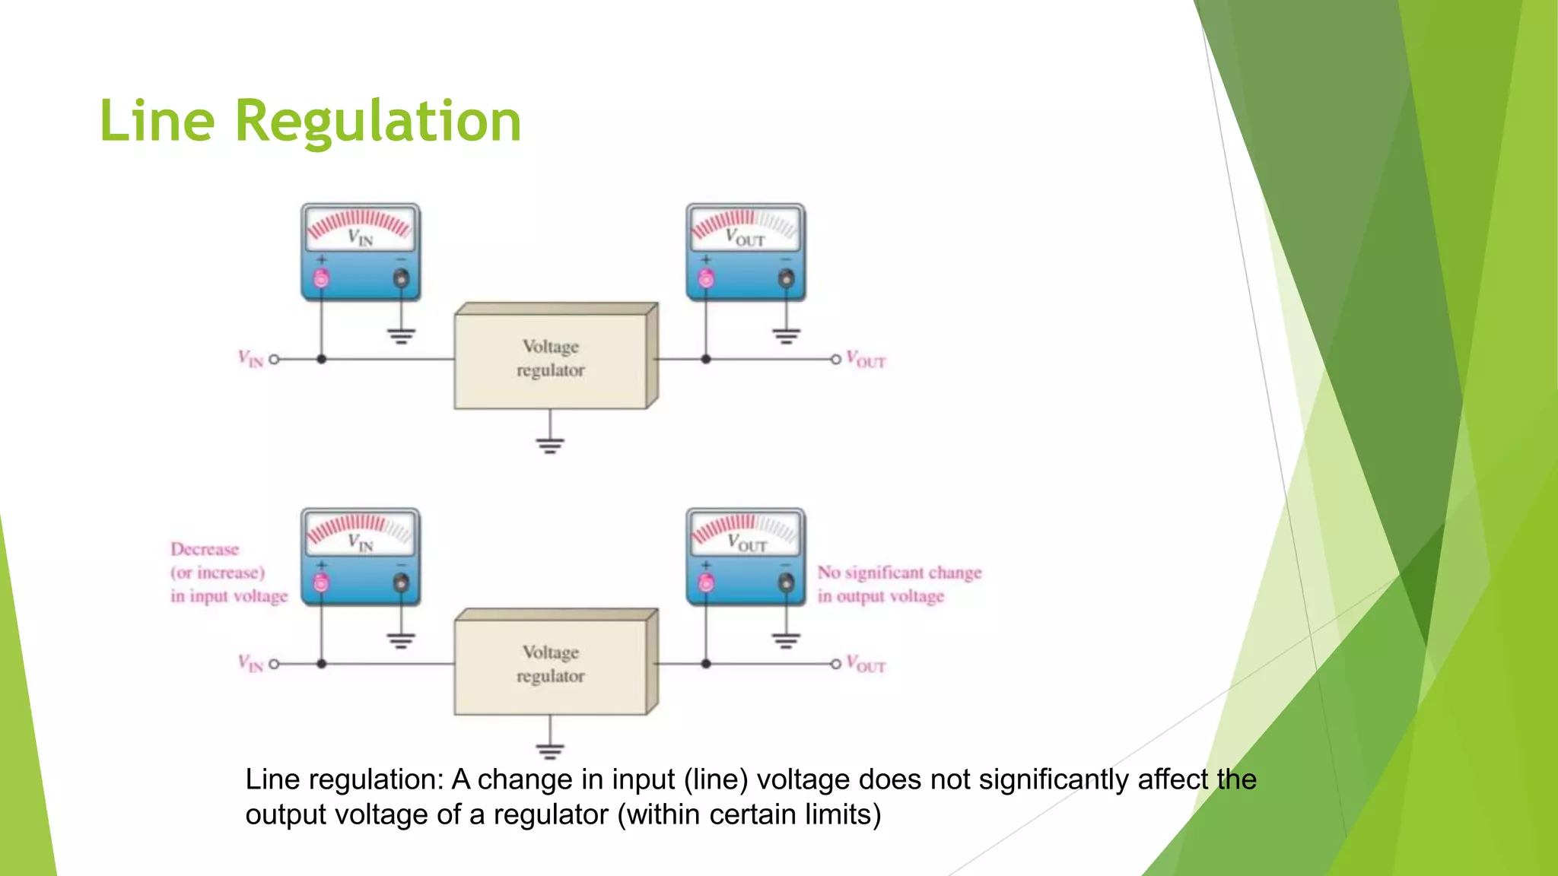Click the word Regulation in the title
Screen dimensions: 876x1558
click(378, 122)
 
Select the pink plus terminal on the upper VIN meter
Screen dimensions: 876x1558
click(322, 278)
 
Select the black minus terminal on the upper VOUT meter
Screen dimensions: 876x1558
click(786, 278)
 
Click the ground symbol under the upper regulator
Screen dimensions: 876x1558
click(550, 445)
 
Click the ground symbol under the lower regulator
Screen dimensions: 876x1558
click(550, 751)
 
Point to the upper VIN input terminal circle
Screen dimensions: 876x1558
click(275, 359)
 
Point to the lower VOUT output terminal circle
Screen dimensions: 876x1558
click(835, 664)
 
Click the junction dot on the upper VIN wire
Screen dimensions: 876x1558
click(322, 359)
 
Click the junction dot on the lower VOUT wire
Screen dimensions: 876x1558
click(706, 664)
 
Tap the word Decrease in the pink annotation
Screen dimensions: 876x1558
click(205, 549)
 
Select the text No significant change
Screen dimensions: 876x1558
click(899, 573)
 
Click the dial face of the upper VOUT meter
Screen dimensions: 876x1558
click(746, 227)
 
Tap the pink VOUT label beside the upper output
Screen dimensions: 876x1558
click(866, 360)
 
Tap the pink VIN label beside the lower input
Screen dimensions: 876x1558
click(250, 664)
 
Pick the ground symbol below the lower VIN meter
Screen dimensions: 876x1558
click(401, 640)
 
